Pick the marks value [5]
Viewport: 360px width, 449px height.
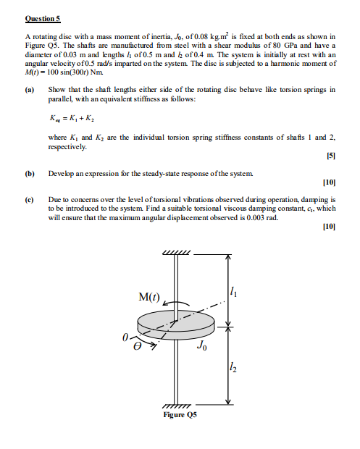click(x=330, y=156)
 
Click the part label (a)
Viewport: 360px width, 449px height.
click(x=30, y=90)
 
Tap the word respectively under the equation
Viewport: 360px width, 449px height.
click(x=67, y=146)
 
